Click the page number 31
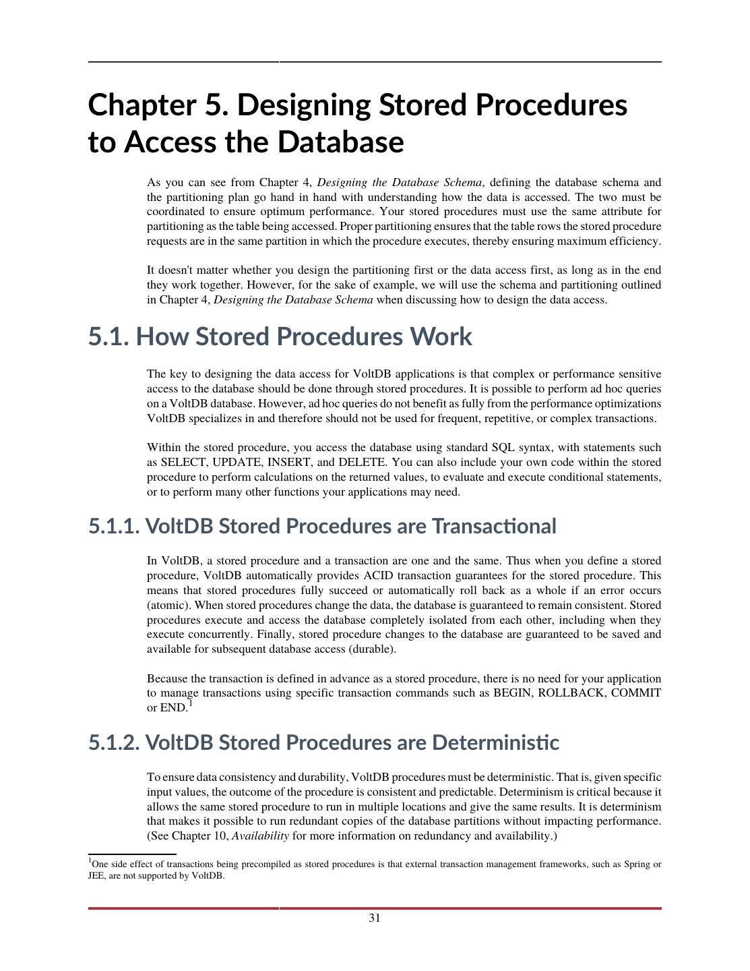pos(375,918)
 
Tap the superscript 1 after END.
pos(191,704)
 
